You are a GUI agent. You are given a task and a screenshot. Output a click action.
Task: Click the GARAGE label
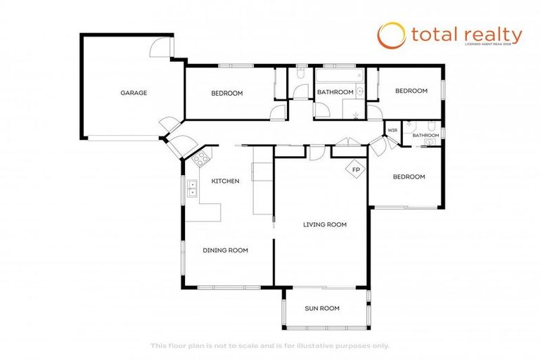pos(134,93)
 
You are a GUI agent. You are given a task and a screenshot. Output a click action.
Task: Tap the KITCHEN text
pos(225,181)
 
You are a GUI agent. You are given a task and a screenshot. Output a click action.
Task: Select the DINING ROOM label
pos(225,250)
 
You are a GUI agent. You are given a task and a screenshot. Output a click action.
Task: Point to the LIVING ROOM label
pos(325,224)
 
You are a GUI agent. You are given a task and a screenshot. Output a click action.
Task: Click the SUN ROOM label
pos(322,308)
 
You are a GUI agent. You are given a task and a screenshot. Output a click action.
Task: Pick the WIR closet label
pos(392,131)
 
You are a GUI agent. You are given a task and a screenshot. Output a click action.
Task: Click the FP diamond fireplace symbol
pos(356,169)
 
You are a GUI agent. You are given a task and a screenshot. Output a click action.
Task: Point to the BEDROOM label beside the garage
pos(227,94)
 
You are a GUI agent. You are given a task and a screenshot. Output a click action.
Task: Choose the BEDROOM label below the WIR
pos(409,176)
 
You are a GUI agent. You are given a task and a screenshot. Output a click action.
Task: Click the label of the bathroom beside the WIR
pos(425,135)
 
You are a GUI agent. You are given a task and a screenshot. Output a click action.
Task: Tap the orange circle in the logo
pos(392,35)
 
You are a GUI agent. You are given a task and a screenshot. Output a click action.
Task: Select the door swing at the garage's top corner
pos(162,46)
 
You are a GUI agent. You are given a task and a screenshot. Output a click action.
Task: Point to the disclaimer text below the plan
pos(269,345)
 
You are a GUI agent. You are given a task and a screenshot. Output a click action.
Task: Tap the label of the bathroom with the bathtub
pos(335,92)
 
